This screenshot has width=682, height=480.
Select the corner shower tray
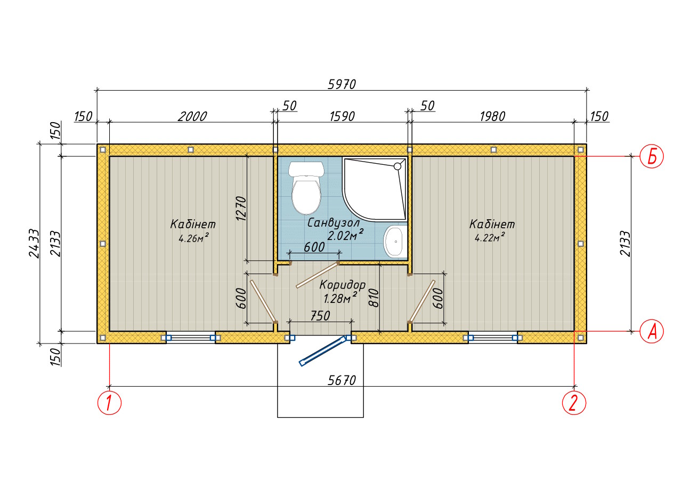[375, 189]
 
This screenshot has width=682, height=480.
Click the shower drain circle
[397, 166]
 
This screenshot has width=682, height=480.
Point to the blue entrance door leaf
[323, 350]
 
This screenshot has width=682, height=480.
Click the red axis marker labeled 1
[109, 403]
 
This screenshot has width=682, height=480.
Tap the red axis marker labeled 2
[574, 403]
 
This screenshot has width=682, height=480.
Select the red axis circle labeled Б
[652, 156]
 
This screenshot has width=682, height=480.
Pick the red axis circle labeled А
[652, 331]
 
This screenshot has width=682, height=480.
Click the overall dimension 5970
[342, 84]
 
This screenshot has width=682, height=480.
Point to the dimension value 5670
[342, 380]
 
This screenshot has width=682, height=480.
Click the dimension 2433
[34, 244]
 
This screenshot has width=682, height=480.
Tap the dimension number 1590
[342, 116]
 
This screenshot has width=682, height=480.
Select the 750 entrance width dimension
[320, 316]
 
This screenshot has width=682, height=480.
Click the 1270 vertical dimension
[241, 209]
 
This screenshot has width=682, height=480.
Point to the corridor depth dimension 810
[374, 298]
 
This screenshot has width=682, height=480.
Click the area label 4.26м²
[193, 238]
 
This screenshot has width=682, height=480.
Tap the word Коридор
[343, 285]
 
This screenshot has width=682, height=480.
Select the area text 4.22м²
[490, 237]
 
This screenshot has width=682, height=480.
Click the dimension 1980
[492, 116]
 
